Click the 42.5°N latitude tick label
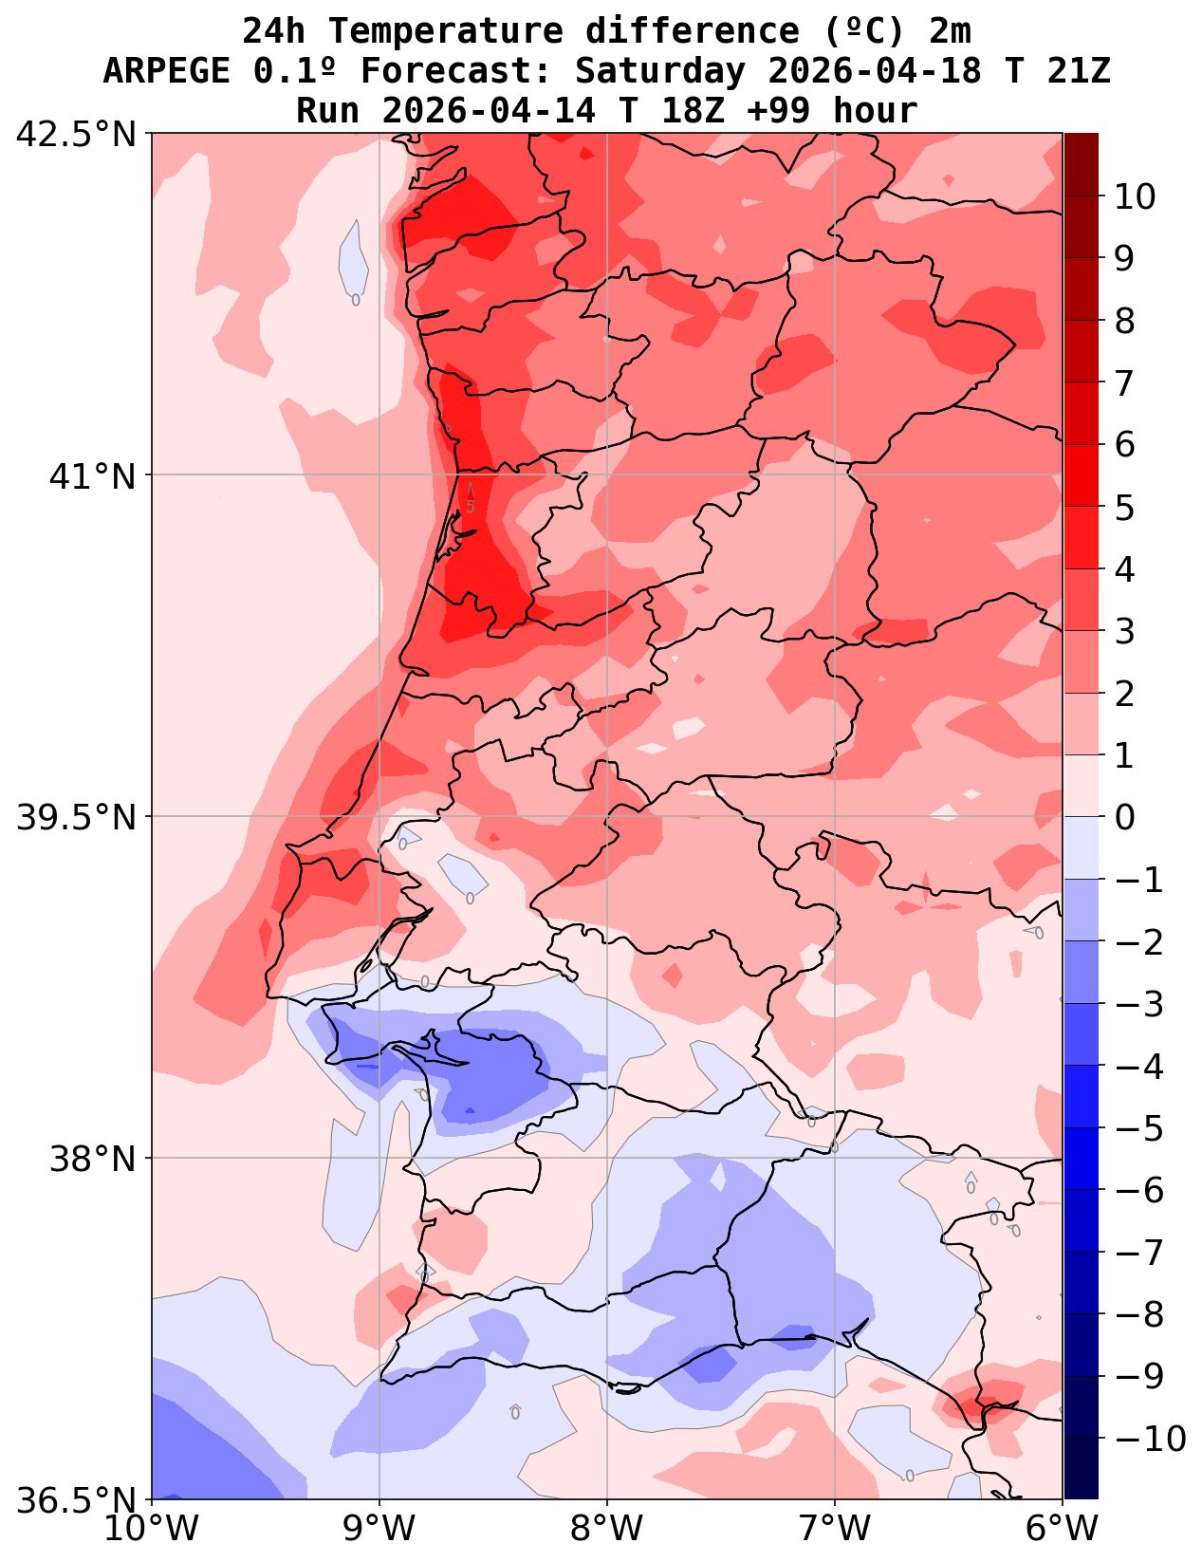pyautogui.click(x=77, y=134)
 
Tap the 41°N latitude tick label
pyautogui.click(x=93, y=475)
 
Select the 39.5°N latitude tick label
pyautogui.click(x=77, y=817)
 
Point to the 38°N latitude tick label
pyautogui.click(x=93, y=1159)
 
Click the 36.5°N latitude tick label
pyautogui.click(x=77, y=1500)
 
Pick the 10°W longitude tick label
pyautogui.click(x=152, y=1530)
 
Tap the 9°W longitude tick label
pyautogui.click(x=379, y=1530)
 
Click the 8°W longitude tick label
pyautogui.click(x=607, y=1530)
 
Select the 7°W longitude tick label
pyautogui.click(x=835, y=1530)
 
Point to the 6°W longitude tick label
pyautogui.click(x=1063, y=1530)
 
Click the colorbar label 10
pyautogui.click(x=1135, y=196)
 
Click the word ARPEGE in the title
pyautogui.click(x=165, y=71)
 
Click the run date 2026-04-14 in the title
pyautogui.click(x=489, y=111)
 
